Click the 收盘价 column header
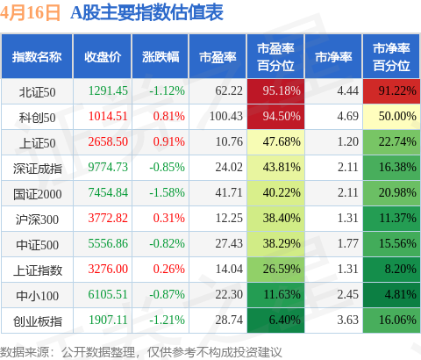pos(103,57)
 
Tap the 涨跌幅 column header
pos(161,57)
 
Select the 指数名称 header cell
pos(37,57)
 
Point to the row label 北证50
pos(37,92)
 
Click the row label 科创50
pos(37,118)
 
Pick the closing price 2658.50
pos(108,141)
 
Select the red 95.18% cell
pos(275,91)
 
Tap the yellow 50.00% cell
pos(391,117)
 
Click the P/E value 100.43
pos(226,116)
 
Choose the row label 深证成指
pos(37,169)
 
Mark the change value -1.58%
pos(167,192)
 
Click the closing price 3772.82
pos(108,218)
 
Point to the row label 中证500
pos(37,245)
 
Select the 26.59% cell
pos(275,270)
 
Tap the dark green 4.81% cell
pos(391,295)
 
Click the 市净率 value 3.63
pos(347,320)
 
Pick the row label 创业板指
pos(37,321)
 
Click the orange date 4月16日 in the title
pos(30,13)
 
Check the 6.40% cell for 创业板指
pos(275,320)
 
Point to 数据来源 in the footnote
pos(25,352)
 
